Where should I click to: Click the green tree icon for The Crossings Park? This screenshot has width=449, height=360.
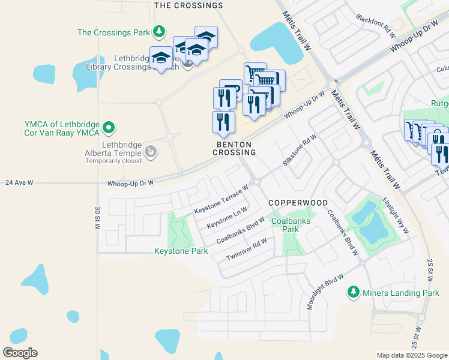point(159,31)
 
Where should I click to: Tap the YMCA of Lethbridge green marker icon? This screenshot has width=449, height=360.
point(108,127)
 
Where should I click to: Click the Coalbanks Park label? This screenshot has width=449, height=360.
point(291,225)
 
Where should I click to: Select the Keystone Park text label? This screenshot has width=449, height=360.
point(181,251)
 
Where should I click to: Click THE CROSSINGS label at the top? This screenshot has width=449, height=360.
point(188,5)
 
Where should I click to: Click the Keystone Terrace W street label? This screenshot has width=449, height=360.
point(221,200)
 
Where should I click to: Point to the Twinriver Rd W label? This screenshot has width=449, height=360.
point(246,249)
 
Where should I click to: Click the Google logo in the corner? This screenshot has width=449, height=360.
point(20,353)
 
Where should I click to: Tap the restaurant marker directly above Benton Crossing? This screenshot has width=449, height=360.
point(223,121)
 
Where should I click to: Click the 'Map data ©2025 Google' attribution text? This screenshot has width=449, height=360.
point(411,355)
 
